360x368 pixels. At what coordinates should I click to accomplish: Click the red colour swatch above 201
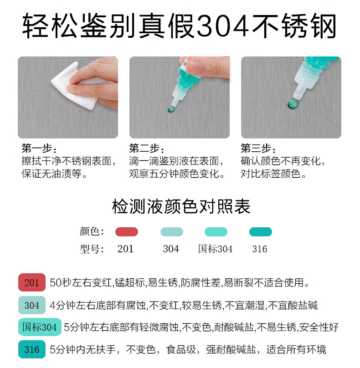pyautogui.click(x=127, y=232)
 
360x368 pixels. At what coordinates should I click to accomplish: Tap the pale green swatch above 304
pyautogui.click(x=172, y=232)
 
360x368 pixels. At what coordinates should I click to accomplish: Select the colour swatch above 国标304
pyautogui.click(x=216, y=232)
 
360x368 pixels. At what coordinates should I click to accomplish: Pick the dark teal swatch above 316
pyautogui.click(x=261, y=232)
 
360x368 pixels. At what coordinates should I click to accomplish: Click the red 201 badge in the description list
pyautogui.click(x=32, y=282)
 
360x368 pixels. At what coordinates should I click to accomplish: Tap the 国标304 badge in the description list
pyautogui.click(x=40, y=327)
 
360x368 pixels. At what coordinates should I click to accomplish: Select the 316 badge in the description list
pyautogui.click(x=32, y=349)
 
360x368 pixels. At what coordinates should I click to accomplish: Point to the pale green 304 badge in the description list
pyautogui.click(x=32, y=305)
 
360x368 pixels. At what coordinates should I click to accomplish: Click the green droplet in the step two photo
pyautogui.click(x=171, y=109)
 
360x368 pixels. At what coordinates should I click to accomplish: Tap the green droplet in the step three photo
pyautogui.click(x=293, y=104)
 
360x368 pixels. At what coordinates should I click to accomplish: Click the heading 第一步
pyautogui.click(x=39, y=148)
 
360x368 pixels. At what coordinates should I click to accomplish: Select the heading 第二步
pyautogui.click(x=147, y=148)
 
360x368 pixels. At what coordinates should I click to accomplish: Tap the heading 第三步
pyautogui.click(x=258, y=148)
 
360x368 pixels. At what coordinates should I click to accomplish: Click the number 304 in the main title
pyautogui.click(x=223, y=26)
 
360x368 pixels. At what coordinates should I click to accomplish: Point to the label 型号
pyautogui.click(x=92, y=249)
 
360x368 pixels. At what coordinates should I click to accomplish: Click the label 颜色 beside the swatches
pyautogui.click(x=92, y=232)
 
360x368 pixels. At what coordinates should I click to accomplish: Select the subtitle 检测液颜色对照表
pyautogui.click(x=181, y=206)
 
